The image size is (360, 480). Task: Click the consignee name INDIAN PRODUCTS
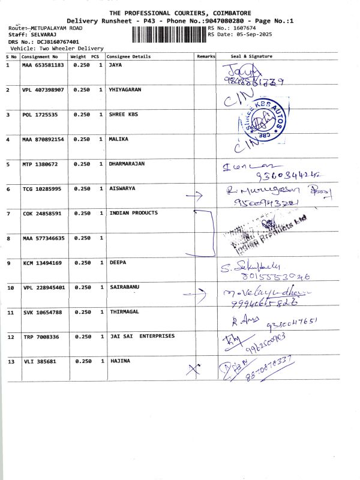pos(134,213)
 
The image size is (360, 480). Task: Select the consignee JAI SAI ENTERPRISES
pos(142,336)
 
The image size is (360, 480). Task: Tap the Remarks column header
pos(206,56)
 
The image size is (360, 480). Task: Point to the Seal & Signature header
pos(251,56)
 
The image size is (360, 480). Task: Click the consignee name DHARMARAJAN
pos(127,163)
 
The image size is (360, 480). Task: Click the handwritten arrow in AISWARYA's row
pos(194,196)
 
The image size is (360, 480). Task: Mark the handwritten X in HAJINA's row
pos(193,370)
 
